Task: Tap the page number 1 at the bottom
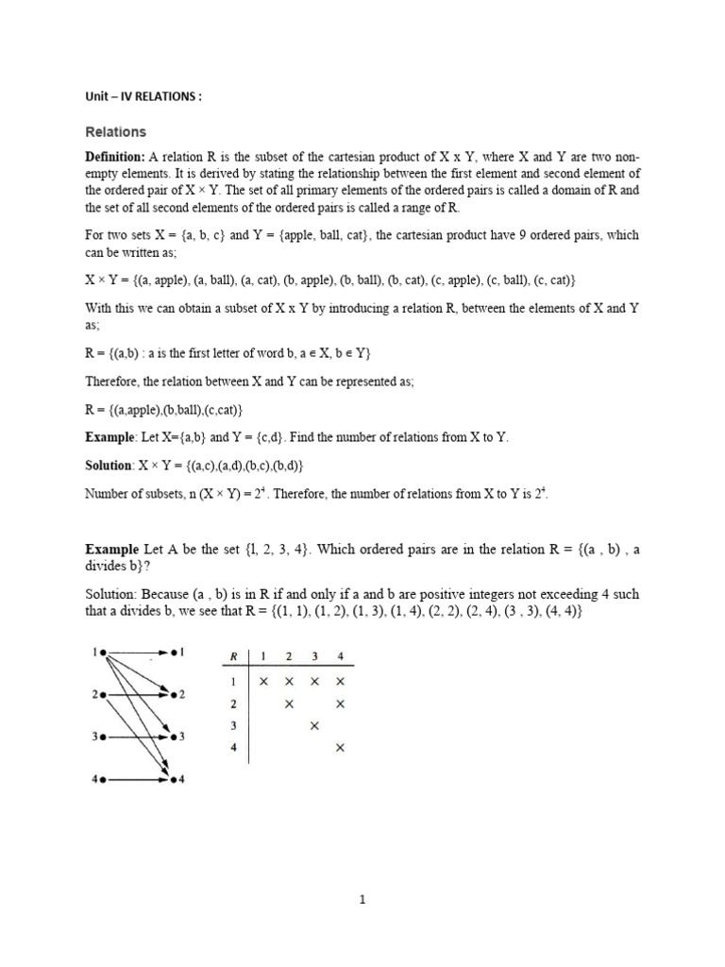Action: click(x=362, y=900)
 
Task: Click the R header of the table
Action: click(x=232, y=656)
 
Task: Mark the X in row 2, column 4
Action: click(x=341, y=704)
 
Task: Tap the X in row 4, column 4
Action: click(x=341, y=748)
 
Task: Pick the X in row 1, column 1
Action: click(x=263, y=681)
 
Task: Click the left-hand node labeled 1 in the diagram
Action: click(x=101, y=652)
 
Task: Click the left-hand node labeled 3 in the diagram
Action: click(x=101, y=736)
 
